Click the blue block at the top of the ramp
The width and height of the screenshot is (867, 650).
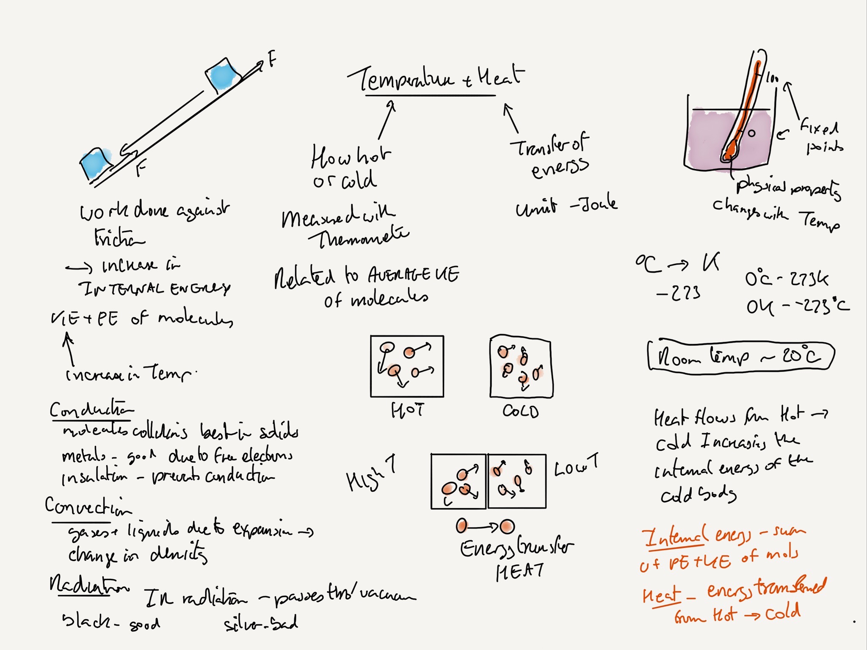coord(223,76)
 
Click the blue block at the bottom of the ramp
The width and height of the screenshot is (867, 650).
coord(96,163)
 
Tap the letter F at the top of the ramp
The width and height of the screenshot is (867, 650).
coord(272,59)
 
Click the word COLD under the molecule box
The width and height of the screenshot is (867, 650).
coord(520,411)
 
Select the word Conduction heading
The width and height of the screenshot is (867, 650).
coord(91,409)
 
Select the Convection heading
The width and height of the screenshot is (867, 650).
coord(88,506)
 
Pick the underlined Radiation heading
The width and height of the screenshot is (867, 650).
coord(88,585)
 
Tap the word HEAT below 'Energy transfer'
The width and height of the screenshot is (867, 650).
coord(519,572)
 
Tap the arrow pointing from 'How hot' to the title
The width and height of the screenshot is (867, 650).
coord(387,120)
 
